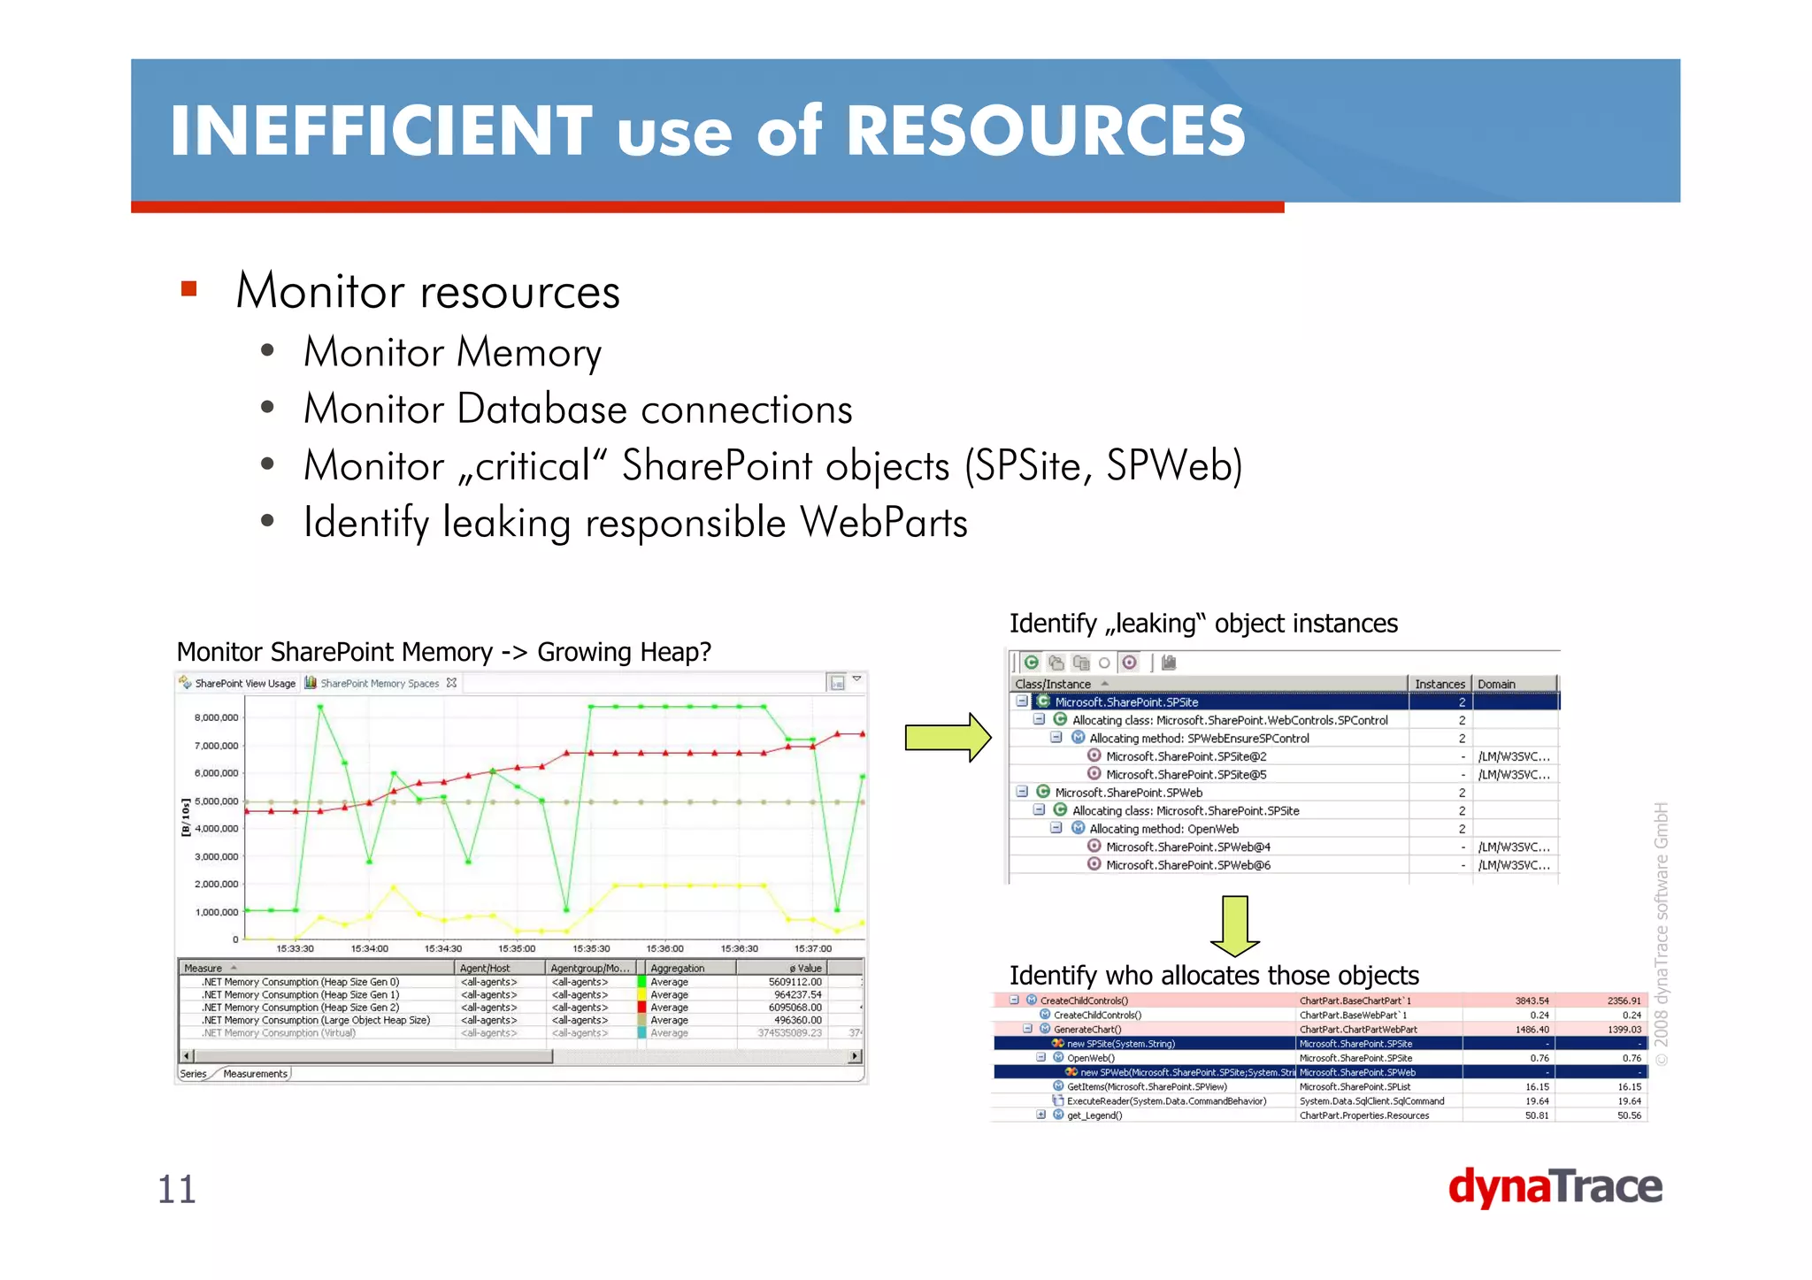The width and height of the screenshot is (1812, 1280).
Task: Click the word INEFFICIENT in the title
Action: coord(380,131)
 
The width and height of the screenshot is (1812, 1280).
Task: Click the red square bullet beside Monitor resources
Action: coord(188,288)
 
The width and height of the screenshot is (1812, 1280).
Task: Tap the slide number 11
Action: coord(176,1189)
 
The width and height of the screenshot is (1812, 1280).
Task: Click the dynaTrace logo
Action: coord(1555,1187)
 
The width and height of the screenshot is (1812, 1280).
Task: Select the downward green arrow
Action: coord(1234,925)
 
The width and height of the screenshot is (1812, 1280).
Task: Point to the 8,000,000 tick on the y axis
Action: coord(216,717)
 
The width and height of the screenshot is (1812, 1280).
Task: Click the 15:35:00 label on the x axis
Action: coord(517,948)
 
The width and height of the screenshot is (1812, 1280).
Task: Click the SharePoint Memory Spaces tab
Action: coord(379,683)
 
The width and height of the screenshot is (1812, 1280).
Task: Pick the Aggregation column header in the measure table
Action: coord(678,968)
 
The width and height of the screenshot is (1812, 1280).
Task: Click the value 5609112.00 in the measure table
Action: coord(795,982)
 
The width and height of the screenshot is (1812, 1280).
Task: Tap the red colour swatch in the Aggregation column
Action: coord(641,1008)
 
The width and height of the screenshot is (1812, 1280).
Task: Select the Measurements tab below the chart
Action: coord(255,1074)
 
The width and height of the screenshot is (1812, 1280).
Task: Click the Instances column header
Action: coord(1439,684)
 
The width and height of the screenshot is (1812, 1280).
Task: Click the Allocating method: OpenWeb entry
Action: coord(1163,829)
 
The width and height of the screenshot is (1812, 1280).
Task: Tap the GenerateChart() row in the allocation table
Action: coord(1086,1030)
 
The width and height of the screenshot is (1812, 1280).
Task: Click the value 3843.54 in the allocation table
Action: coord(1532,1000)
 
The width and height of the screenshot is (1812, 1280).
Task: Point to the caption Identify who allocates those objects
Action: coord(1214,975)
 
